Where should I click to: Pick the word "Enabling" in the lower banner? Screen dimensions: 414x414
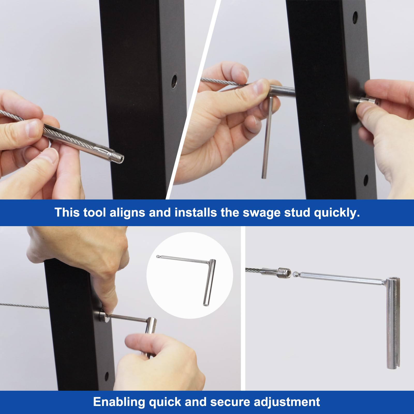119,402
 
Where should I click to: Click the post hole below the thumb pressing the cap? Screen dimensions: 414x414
366,180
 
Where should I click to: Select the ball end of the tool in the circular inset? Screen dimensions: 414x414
158,256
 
